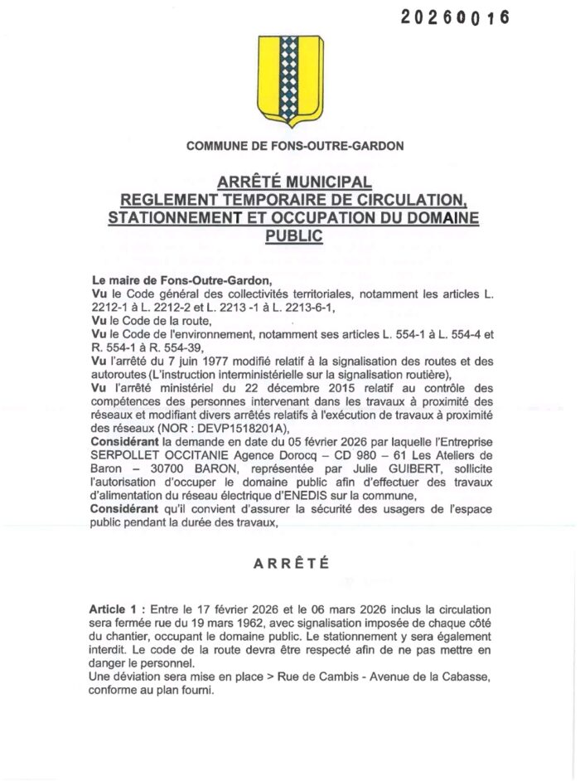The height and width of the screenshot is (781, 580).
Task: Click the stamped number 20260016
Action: click(x=455, y=17)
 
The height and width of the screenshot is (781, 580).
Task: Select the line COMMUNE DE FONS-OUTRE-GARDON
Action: click(x=295, y=146)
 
